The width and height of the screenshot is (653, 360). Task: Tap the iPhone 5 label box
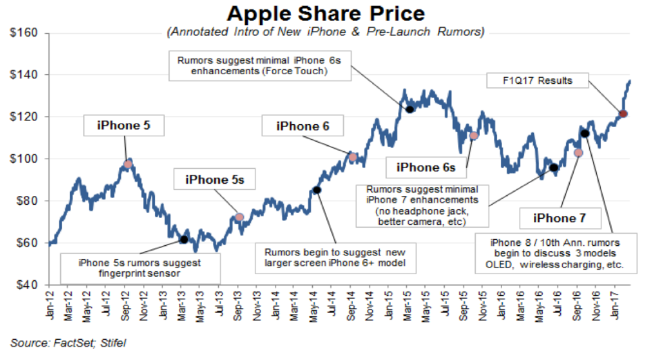[124, 126]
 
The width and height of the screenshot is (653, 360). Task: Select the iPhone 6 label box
[303, 126]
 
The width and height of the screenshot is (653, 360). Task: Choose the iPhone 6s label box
[426, 168]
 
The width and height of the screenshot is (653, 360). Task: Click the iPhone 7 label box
[560, 218]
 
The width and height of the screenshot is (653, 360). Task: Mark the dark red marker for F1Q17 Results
[623, 114]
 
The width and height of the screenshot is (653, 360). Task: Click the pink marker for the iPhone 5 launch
[128, 164]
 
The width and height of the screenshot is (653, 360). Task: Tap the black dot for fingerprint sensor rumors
[184, 239]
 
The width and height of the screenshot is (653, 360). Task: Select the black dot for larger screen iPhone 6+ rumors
[317, 190]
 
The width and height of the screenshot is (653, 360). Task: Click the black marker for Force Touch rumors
[410, 109]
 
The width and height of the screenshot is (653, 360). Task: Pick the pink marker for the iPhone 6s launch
[473, 135]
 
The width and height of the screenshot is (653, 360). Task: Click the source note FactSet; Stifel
[68, 343]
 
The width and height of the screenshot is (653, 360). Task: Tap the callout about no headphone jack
[422, 205]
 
